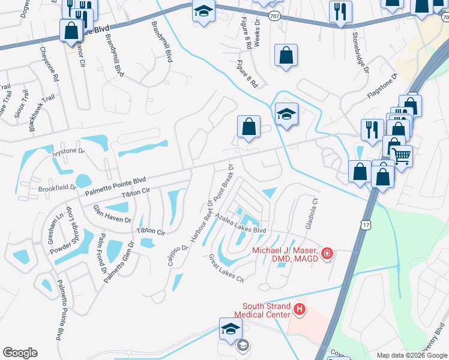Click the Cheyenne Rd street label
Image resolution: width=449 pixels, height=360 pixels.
click(x=47, y=65)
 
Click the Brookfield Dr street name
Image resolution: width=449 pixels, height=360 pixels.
click(x=57, y=187)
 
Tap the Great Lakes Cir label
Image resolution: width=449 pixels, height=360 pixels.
click(x=226, y=269)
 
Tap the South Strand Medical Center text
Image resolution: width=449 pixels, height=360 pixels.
click(x=266, y=310)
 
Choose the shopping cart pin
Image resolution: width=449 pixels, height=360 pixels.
click(x=401, y=156)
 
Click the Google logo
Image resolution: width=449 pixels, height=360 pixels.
click(x=20, y=353)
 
